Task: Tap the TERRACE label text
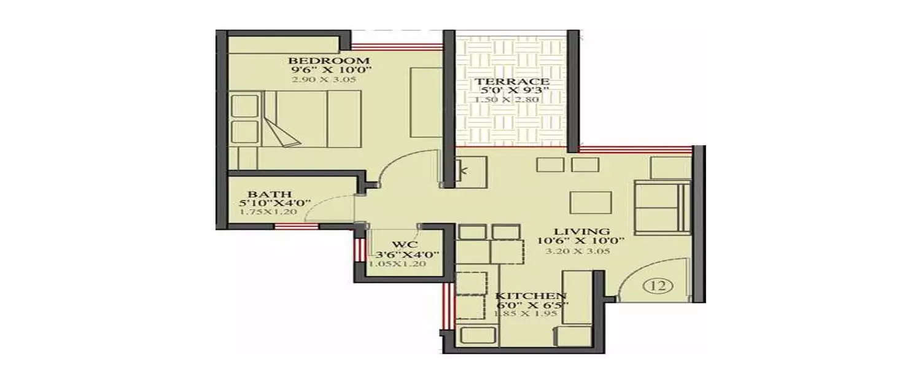pyautogui.click(x=506, y=82)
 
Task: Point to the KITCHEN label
pyautogui.click(x=530, y=296)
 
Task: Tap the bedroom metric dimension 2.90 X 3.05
pyautogui.click(x=324, y=79)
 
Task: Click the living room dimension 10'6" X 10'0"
pyautogui.click(x=581, y=241)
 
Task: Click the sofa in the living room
pyautogui.click(x=662, y=208)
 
